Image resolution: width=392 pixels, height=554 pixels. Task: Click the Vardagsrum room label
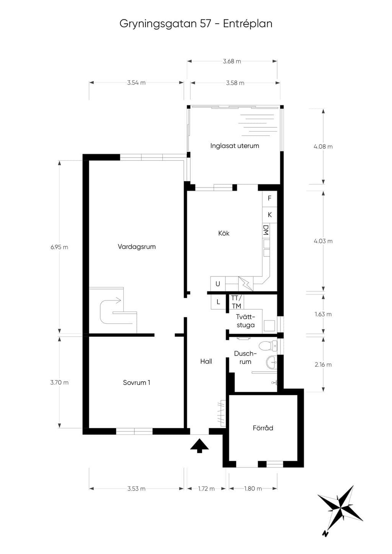(x=137, y=247)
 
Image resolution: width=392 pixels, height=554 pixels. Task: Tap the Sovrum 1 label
(x=137, y=383)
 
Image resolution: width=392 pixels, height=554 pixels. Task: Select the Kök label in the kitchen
(x=224, y=233)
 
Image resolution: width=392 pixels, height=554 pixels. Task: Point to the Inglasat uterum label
(x=235, y=146)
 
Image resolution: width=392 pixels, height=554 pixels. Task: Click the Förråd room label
(x=263, y=428)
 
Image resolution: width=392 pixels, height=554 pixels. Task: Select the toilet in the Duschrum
(x=268, y=345)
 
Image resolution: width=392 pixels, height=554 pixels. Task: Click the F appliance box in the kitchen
(x=269, y=198)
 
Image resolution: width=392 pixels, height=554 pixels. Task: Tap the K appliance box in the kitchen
(x=269, y=215)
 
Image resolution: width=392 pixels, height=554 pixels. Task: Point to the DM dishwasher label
(x=266, y=230)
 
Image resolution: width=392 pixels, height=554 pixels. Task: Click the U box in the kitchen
(x=218, y=284)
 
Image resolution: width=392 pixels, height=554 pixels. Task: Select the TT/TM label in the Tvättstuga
(x=237, y=302)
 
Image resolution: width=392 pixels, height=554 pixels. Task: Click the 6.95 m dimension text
(x=59, y=247)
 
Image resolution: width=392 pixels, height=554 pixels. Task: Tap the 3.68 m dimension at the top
(x=232, y=61)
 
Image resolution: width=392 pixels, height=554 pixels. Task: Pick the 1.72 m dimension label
(x=206, y=489)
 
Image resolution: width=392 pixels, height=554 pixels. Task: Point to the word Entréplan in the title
(x=248, y=24)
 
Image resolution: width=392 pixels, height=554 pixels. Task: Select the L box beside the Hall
(x=218, y=302)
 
